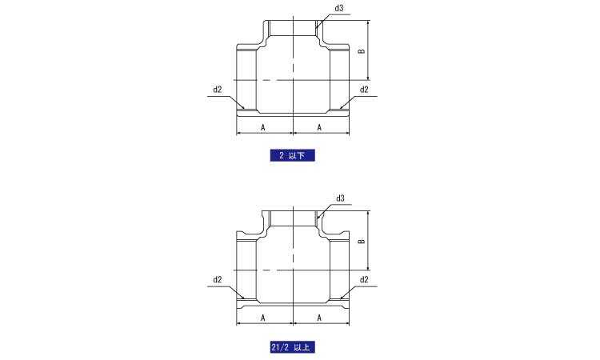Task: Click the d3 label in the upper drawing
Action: tap(338, 8)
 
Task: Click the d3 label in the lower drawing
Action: tap(340, 198)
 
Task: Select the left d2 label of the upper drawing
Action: tap(218, 90)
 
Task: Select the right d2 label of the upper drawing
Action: tap(364, 90)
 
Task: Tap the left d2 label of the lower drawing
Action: tap(218, 280)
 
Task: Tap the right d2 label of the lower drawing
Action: tap(364, 280)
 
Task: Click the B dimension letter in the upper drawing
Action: tap(362, 51)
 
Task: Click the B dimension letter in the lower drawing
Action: tap(362, 242)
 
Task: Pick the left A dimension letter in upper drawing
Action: tap(263, 127)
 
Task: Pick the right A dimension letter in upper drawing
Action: tap(319, 127)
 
